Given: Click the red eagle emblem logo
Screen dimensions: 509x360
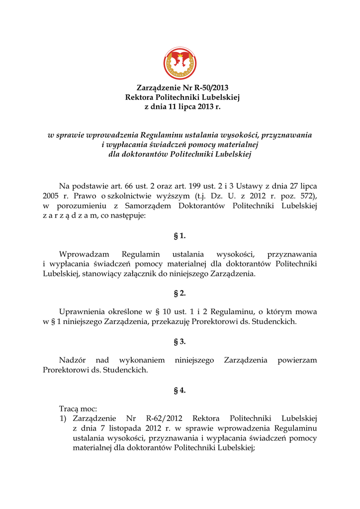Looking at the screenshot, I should pyautogui.click(x=180, y=64).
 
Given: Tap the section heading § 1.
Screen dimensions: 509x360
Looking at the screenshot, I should pyautogui.click(x=180, y=236).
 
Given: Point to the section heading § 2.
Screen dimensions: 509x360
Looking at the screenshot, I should pyautogui.click(x=180, y=293).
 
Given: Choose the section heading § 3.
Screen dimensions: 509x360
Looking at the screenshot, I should pyautogui.click(x=180, y=341).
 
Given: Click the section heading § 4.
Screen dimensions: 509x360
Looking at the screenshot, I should pyautogui.click(x=180, y=390).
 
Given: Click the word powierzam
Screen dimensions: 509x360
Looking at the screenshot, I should pyautogui.click(x=297, y=360).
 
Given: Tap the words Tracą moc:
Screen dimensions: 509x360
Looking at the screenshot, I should pyautogui.click(x=78, y=409).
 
